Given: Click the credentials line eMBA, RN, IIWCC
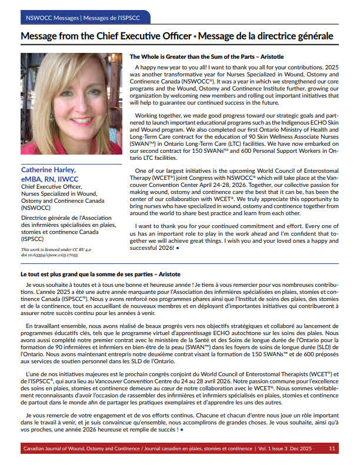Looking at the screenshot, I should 50,179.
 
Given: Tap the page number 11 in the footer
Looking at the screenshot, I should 332,449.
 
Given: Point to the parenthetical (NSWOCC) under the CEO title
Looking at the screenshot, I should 36,208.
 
